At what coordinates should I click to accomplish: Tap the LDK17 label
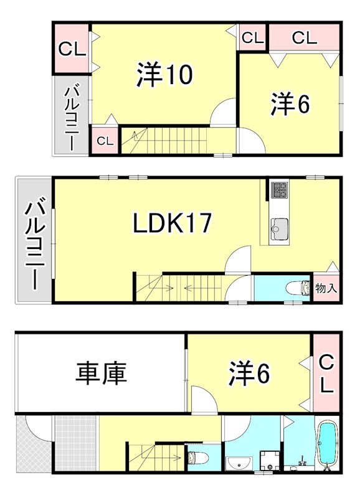[x=172, y=223]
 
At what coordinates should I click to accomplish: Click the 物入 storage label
[x=326, y=288]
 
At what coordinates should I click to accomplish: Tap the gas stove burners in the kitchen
[x=279, y=190]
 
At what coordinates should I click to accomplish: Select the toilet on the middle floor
[x=298, y=288]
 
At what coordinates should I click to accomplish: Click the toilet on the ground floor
[x=198, y=458]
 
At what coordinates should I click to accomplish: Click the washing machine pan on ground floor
[x=270, y=461]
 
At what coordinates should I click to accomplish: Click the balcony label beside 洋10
[x=72, y=116]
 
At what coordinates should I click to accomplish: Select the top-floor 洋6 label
[x=290, y=105]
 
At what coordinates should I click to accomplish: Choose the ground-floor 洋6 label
[x=249, y=374]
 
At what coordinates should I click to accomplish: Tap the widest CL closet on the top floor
[x=305, y=37]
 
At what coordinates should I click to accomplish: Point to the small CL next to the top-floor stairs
[x=105, y=141]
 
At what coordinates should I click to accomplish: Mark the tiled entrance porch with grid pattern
[x=75, y=443]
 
